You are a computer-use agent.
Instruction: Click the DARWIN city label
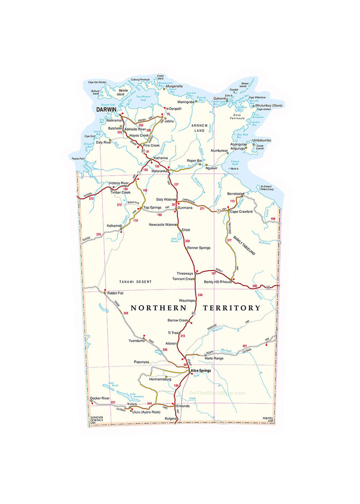point(106,109)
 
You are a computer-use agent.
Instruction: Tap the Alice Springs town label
point(201,371)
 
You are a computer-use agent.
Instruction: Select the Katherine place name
point(160,158)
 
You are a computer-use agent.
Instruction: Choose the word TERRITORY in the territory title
point(231,308)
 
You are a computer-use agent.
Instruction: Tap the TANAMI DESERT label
point(135,281)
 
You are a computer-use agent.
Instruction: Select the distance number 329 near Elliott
point(187,241)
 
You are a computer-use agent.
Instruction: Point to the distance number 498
point(273,219)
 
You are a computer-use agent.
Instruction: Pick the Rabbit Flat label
point(115,293)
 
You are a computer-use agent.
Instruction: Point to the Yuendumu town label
point(137,341)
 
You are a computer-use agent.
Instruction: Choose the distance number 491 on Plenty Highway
point(245,346)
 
